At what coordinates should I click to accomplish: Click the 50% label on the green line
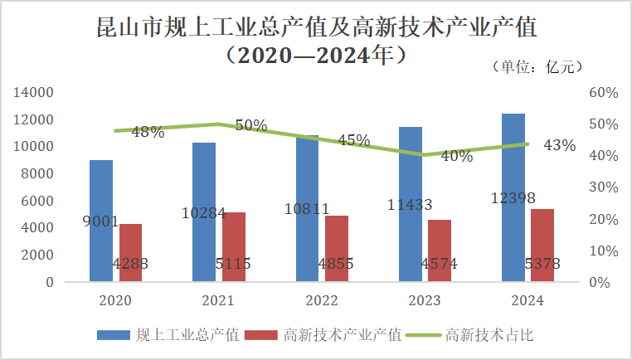tap(250, 125)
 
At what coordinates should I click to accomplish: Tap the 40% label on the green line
tap(456, 156)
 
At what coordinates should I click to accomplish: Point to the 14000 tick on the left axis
tap(34, 93)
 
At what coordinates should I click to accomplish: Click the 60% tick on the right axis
tap(603, 93)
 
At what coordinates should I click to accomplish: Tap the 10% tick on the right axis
tap(603, 251)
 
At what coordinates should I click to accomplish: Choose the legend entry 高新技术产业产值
tap(343, 335)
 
